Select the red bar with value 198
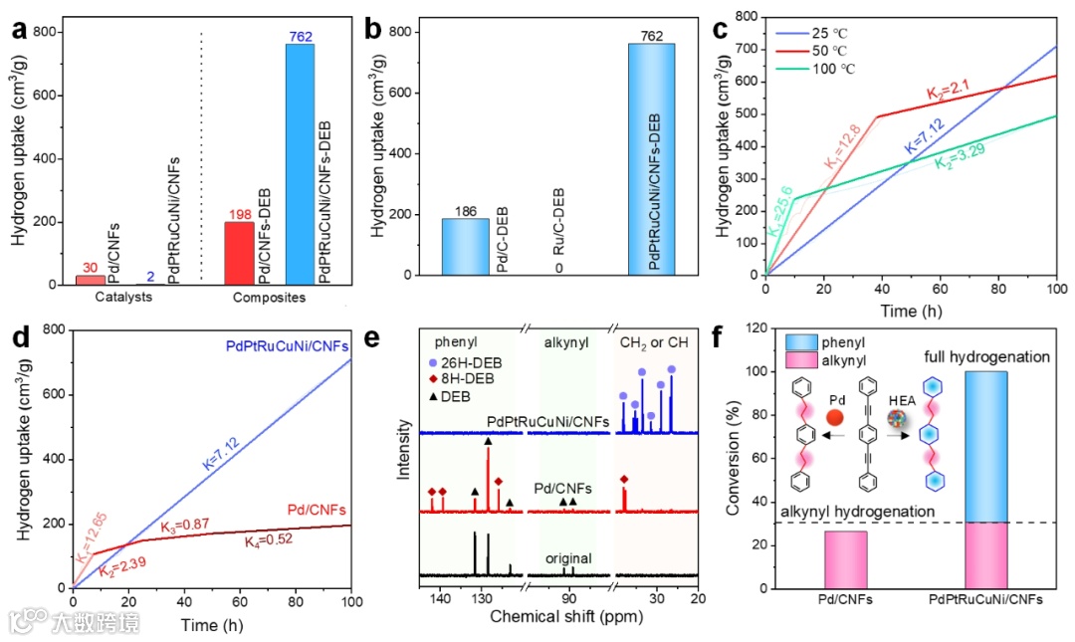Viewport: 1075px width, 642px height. click(x=240, y=253)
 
